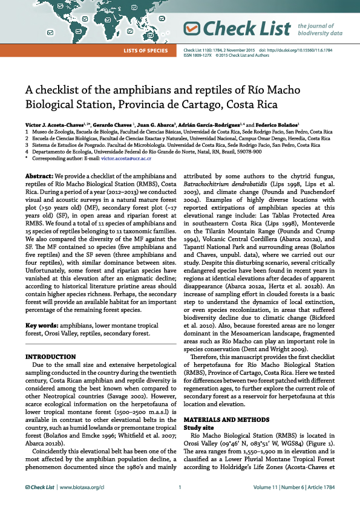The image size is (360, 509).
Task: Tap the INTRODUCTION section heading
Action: coord(50,357)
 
